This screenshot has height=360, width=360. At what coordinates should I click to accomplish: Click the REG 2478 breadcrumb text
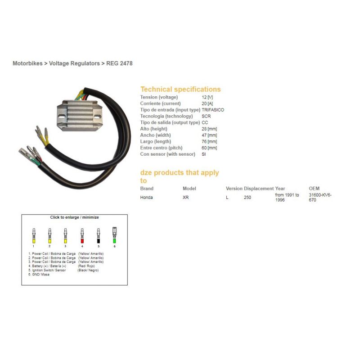coord(119,63)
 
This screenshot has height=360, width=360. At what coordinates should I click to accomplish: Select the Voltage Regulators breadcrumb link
coord(74,63)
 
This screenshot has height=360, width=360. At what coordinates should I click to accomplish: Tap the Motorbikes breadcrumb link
coord(27,63)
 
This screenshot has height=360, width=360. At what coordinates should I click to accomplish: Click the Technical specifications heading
coord(180,89)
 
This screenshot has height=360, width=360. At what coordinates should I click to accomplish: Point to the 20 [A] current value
coord(207,103)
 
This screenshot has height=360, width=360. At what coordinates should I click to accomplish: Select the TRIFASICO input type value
coord(213,110)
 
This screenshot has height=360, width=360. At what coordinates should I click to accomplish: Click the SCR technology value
coord(206,116)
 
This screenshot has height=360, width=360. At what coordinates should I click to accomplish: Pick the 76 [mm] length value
coord(209,141)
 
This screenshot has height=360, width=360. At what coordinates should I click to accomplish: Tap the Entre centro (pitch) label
coord(162,148)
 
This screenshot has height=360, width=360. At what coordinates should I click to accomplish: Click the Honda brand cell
coord(147,198)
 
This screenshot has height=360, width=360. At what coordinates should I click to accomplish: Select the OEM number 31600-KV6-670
coord(320,198)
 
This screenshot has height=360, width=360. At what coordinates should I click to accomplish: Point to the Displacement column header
coord(259,189)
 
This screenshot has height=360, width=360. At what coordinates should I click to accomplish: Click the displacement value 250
coord(247,198)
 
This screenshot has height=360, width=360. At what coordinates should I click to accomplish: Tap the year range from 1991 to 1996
coord(287,198)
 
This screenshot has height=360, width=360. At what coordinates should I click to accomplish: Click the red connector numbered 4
coord(82,236)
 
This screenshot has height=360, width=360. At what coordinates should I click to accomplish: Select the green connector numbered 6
coord(114,235)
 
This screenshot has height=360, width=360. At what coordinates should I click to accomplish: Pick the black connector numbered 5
coord(99,236)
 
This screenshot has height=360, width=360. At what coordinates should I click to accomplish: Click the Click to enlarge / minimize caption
coord(74,217)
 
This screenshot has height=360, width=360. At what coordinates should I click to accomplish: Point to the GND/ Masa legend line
coord(39,274)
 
